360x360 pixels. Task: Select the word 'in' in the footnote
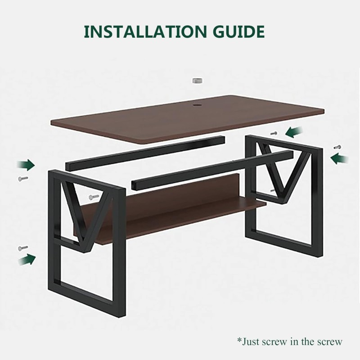tap(295, 342)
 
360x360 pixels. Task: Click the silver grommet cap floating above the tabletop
tap(198, 81)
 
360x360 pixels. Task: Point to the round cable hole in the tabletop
tap(196, 105)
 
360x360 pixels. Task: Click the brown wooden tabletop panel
tap(187, 119)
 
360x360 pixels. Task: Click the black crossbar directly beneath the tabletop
tap(145, 153)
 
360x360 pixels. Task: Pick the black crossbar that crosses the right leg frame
tap(212, 170)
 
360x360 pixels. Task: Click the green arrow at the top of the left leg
tap(26, 165)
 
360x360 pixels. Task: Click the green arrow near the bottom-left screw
tap(27, 260)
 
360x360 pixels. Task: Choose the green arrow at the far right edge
tap(339, 158)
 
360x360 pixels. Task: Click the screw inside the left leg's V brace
tap(94, 197)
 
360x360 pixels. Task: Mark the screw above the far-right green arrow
tap(337, 147)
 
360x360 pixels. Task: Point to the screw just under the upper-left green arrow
tap(23, 178)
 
